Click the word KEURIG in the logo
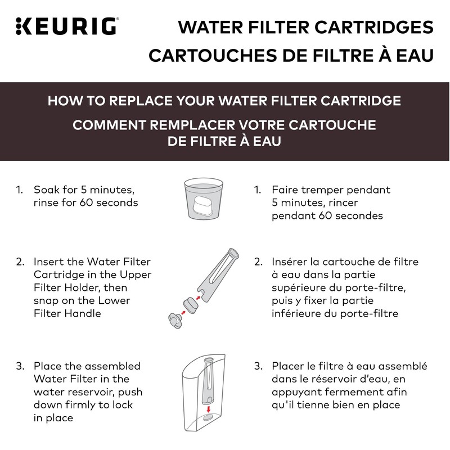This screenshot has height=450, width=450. pyautogui.click(x=73, y=25)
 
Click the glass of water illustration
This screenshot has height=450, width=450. pyautogui.click(x=201, y=199)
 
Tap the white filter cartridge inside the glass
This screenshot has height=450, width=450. pyautogui.click(x=201, y=206)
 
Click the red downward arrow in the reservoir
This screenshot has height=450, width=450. pyautogui.click(x=209, y=407)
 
